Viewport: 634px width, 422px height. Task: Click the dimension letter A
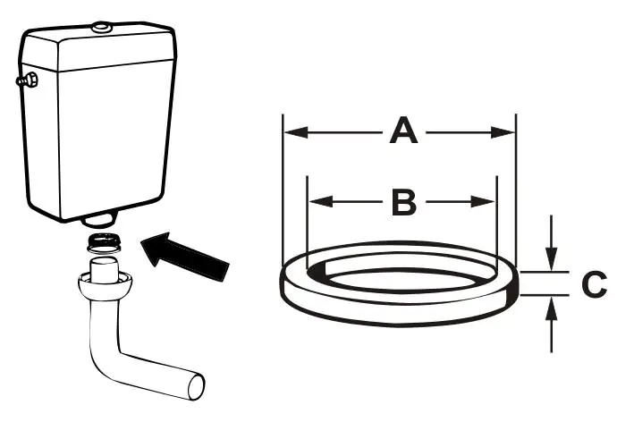(403, 132)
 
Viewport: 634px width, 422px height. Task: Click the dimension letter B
(404, 203)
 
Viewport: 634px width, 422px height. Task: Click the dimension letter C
(594, 285)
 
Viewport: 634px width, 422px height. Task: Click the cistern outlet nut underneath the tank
(100, 219)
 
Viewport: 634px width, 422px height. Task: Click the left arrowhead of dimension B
(316, 202)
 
